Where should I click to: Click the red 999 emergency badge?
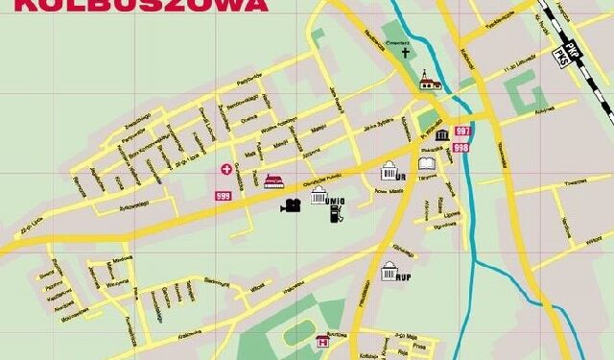(x=223, y=196)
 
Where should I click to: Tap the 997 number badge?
(x=463, y=132)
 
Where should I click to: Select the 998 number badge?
(x=461, y=148)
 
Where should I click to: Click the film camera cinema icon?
(x=291, y=205)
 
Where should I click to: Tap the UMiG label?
(x=334, y=201)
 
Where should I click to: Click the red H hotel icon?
(x=323, y=340)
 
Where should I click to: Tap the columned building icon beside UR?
(x=390, y=172)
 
